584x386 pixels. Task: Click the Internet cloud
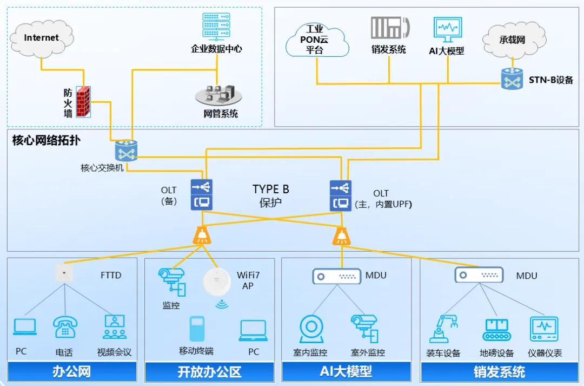pyautogui.click(x=41, y=37)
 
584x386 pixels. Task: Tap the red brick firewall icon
pyautogui.click(x=83, y=101)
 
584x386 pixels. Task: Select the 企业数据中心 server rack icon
pyautogui.click(x=216, y=26)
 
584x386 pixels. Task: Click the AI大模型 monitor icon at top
pyautogui.click(x=447, y=30)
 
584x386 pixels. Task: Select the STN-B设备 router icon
pyautogui.click(x=512, y=79)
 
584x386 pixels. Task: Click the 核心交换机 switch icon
pyautogui.click(x=127, y=151)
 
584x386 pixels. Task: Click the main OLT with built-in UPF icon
pyautogui.click(x=341, y=195)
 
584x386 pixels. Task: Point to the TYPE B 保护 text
pyautogui.click(x=270, y=195)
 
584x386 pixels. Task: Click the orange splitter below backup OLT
pyautogui.click(x=202, y=235)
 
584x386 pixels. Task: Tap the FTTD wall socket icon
pyautogui.click(x=64, y=272)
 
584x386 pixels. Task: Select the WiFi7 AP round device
pyautogui.click(x=217, y=282)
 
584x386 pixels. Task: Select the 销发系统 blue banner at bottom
pyautogui.click(x=499, y=372)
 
